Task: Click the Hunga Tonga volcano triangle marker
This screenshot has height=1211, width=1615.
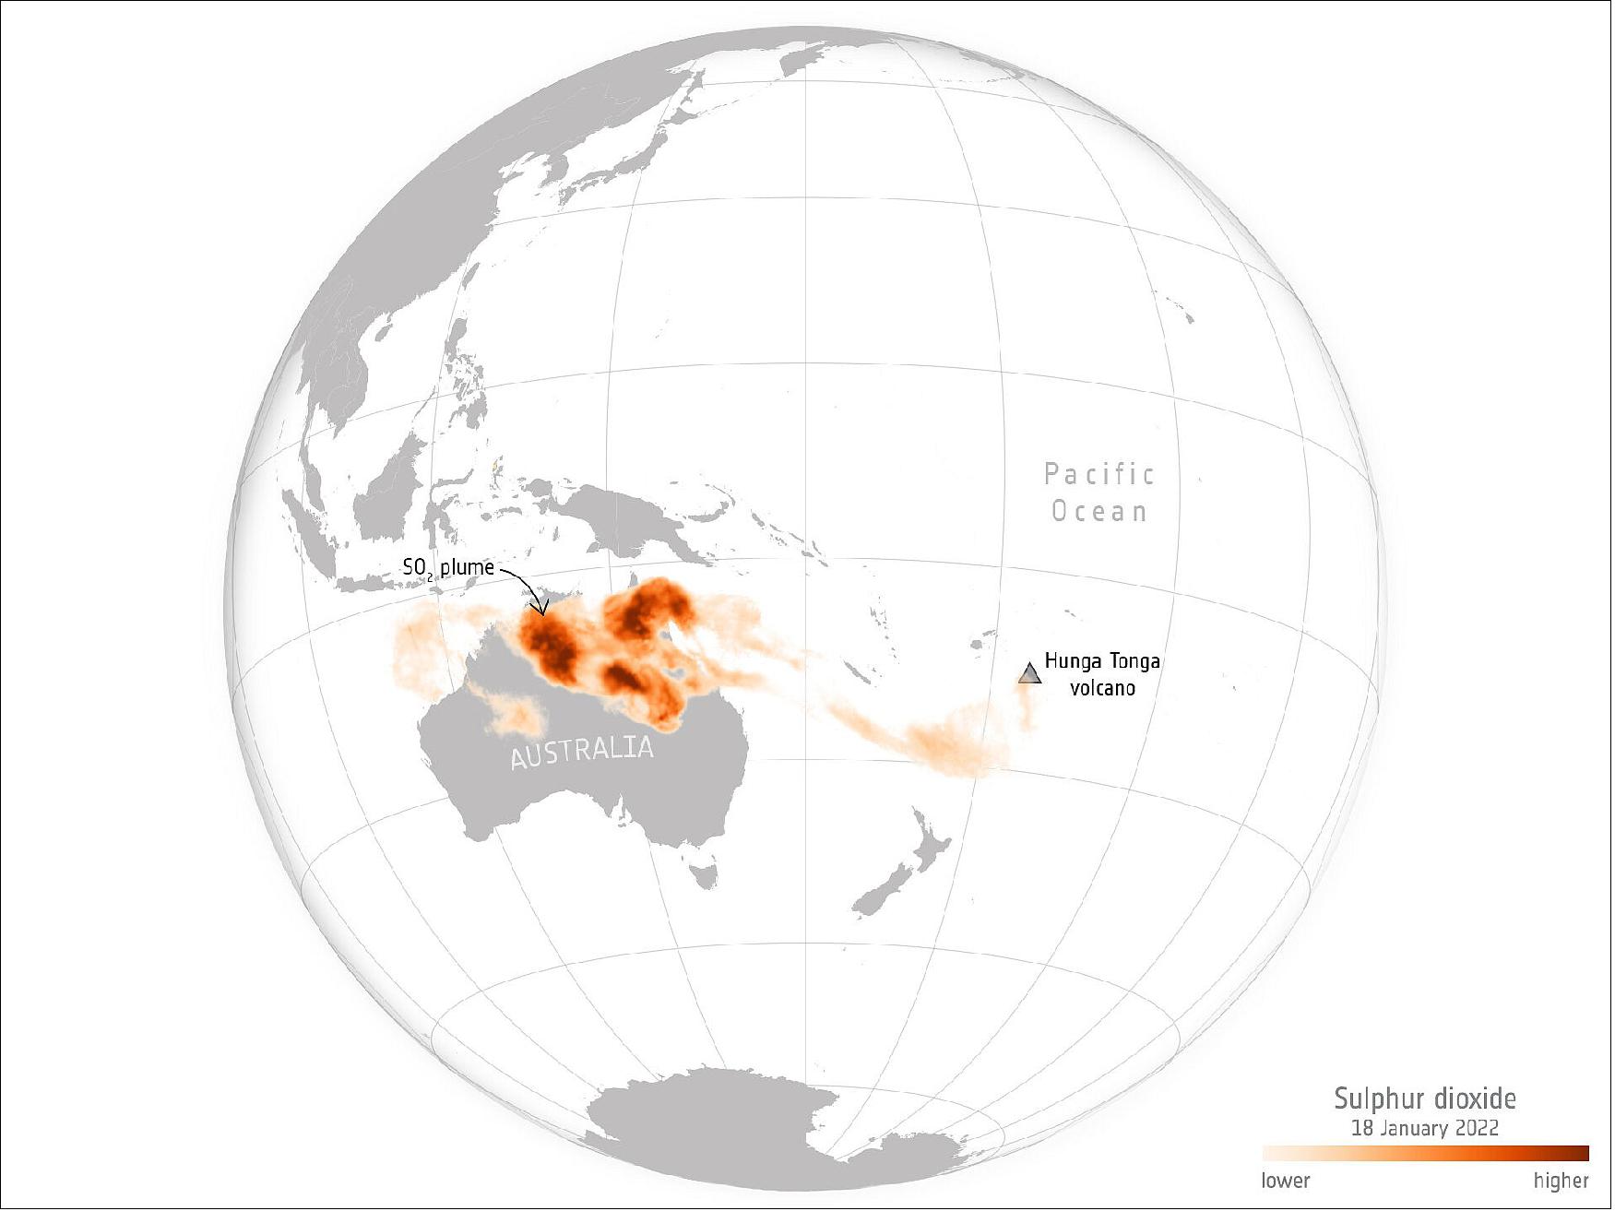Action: click(x=1030, y=674)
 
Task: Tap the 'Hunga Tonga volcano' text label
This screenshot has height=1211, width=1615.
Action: click(x=1102, y=674)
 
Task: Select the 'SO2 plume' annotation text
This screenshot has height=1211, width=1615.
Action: click(x=448, y=568)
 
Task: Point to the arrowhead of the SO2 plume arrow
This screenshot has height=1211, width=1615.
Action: click(x=542, y=611)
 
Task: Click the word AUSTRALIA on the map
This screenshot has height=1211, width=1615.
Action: click(x=582, y=751)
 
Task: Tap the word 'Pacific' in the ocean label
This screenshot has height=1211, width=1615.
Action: click(x=1098, y=474)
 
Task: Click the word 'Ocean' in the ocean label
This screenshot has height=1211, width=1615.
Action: click(x=1099, y=511)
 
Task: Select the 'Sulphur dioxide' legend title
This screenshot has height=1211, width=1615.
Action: click(x=1425, y=1098)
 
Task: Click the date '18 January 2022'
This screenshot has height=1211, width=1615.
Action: click(x=1425, y=1128)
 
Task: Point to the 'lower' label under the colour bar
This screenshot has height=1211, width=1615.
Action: click(x=1286, y=1181)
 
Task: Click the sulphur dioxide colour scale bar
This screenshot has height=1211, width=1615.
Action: click(x=1426, y=1153)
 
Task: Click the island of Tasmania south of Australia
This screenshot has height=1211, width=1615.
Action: click(x=705, y=873)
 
